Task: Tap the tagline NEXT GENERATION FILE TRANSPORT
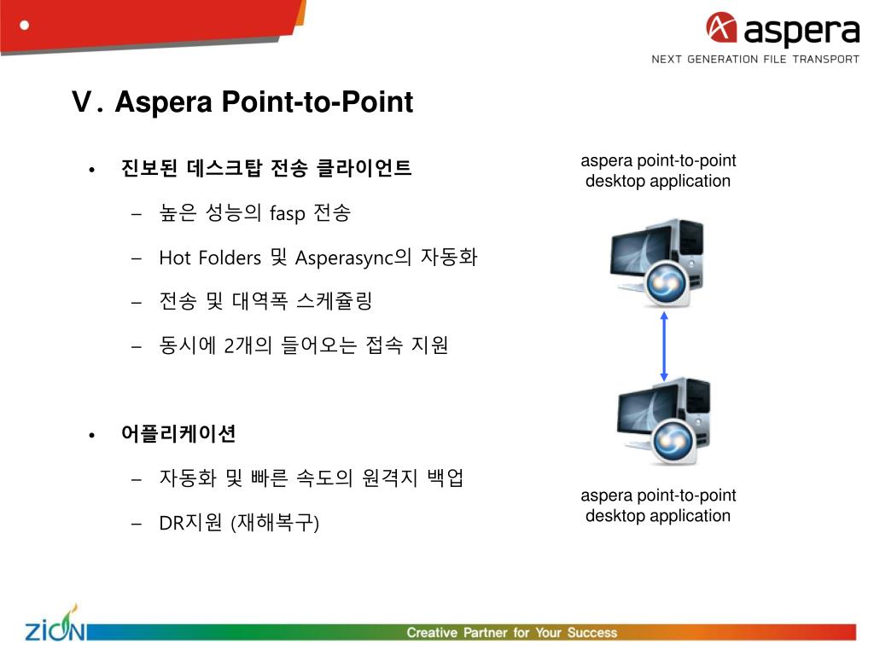pyautogui.click(x=755, y=59)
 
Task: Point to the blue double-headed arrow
pyautogui.click(x=664, y=346)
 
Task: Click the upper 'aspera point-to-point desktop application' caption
pyautogui.click(x=658, y=171)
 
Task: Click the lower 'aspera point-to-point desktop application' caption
pyautogui.click(x=658, y=506)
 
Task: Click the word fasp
pyautogui.click(x=288, y=213)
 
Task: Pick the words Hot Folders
pyautogui.click(x=209, y=258)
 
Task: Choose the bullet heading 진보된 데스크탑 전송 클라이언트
pyautogui.click(x=266, y=168)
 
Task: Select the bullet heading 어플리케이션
pyautogui.click(x=178, y=434)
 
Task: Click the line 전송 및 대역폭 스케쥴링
pyautogui.click(x=265, y=301)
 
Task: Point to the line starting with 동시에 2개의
pyautogui.click(x=303, y=345)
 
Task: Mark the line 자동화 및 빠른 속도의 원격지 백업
pyautogui.click(x=312, y=478)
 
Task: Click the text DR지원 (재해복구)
pyautogui.click(x=239, y=523)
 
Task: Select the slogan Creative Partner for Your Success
pyautogui.click(x=511, y=633)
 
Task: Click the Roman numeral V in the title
pyautogui.click(x=82, y=103)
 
